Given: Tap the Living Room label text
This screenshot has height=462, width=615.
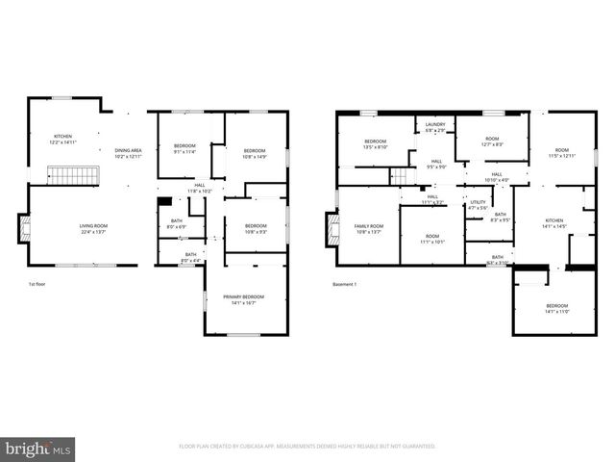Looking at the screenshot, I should click(x=93, y=228).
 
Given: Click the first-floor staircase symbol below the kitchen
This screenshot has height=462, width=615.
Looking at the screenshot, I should click(x=69, y=175).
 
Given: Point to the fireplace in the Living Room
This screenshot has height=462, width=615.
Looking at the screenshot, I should click(x=25, y=227).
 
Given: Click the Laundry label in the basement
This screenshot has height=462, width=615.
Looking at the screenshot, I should click(x=435, y=127).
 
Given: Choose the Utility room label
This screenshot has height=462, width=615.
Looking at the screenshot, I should click(x=478, y=204).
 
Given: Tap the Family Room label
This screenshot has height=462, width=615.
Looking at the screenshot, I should click(x=369, y=228).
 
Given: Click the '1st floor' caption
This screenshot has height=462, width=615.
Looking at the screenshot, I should click(x=38, y=285).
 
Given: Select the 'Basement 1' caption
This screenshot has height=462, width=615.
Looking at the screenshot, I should click(x=345, y=285).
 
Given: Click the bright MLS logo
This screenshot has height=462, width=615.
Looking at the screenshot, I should click(x=38, y=449).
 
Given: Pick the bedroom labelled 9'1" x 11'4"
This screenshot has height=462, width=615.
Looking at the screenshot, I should click(x=184, y=148).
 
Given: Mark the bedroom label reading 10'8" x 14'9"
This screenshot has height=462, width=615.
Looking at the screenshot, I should click(x=254, y=152).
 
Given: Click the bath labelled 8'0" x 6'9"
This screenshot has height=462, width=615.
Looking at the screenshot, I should click(x=177, y=224).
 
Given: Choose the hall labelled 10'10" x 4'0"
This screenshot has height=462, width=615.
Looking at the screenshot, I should click(x=496, y=176).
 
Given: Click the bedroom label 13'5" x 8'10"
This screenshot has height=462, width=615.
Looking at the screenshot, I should click(x=375, y=144).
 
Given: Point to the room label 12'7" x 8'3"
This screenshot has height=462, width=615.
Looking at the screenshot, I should click(x=492, y=141).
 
